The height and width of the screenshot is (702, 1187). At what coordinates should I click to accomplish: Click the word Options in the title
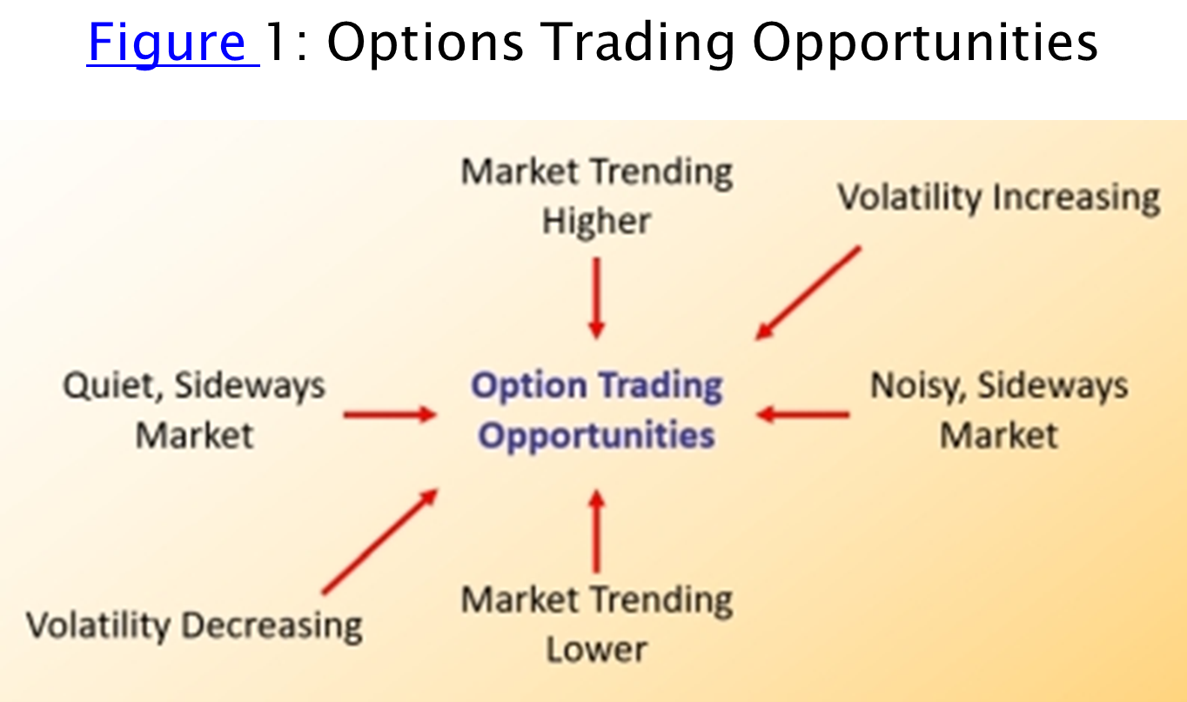point(425,43)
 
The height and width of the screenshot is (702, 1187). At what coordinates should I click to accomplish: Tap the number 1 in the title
point(274,42)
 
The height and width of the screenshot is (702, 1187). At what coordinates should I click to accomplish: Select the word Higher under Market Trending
point(596,222)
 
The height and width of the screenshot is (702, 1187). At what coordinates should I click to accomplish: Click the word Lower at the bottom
point(597,650)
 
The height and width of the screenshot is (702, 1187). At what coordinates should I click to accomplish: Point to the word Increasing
point(1076,198)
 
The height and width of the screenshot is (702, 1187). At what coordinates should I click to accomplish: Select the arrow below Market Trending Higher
point(597,298)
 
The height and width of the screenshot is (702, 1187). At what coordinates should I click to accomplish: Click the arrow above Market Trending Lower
point(597,531)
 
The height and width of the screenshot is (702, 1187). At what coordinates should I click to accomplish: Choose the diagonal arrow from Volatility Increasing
point(808,293)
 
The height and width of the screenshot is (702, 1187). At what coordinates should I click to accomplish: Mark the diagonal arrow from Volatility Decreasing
point(380,541)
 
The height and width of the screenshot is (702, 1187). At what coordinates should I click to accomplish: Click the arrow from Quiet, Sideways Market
point(390,414)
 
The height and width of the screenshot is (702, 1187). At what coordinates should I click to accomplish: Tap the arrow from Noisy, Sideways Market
point(803,414)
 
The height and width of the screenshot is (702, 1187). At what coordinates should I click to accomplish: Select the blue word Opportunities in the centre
point(597,437)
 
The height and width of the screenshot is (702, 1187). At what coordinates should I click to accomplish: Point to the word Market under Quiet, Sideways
point(194,436)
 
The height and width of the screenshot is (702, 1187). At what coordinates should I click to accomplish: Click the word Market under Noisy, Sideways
point(999,436)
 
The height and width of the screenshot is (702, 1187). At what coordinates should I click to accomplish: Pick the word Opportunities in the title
point(925,43)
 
